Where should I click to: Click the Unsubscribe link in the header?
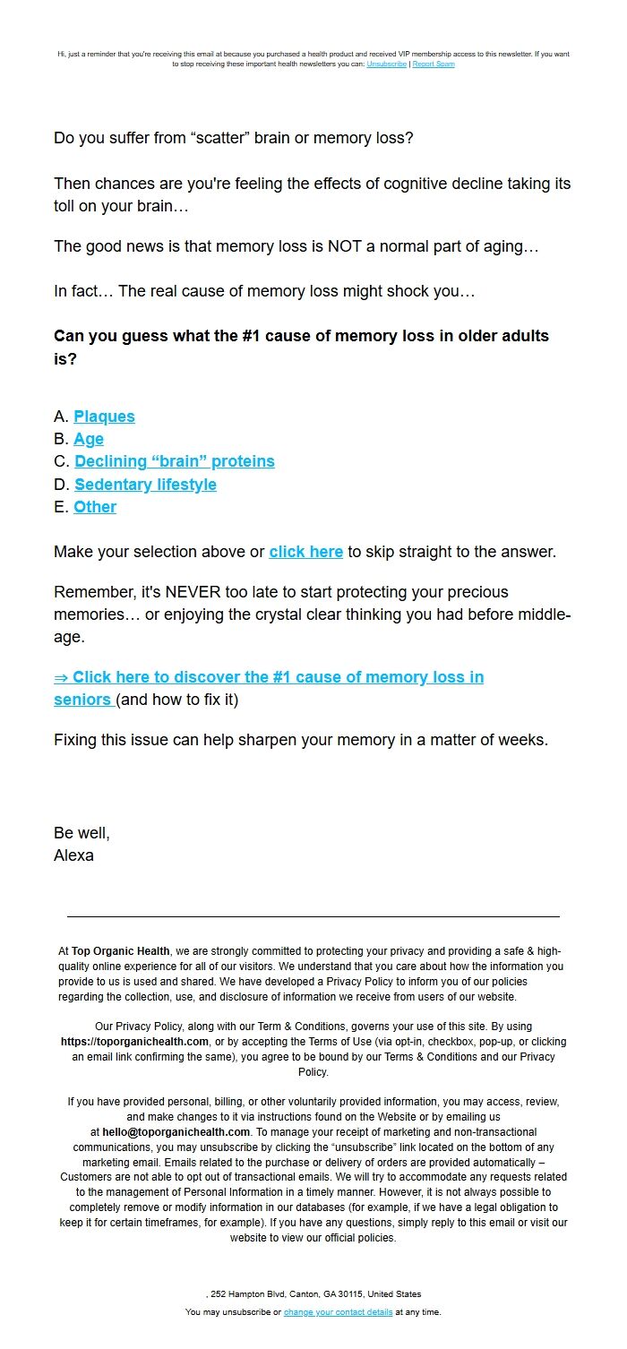386,64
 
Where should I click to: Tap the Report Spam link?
434,64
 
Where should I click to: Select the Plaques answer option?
104,417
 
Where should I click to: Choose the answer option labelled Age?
89,439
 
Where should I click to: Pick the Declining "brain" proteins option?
175,461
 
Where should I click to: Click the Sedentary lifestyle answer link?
145,485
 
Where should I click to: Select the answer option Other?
95,507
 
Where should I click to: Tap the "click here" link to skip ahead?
305,552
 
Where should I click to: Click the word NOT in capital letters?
354,246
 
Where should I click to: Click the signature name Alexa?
73,855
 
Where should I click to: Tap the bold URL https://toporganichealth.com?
134,1042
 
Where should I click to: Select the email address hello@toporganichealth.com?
176,1131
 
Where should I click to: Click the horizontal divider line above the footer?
313,916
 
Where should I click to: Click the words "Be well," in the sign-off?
82,833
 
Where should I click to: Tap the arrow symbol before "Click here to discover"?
61,677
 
